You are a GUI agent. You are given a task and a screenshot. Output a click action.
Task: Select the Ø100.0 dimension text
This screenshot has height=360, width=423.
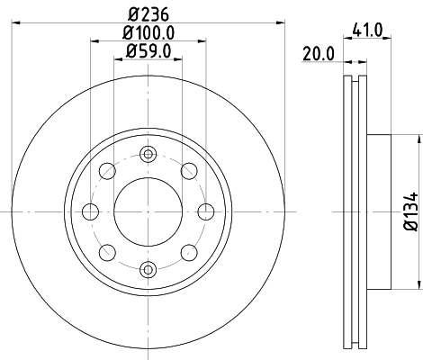pyautogui.click(x=148, y=34)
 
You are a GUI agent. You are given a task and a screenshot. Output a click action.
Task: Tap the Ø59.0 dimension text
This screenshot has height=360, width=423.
pyautogui.click(x=148, y=52)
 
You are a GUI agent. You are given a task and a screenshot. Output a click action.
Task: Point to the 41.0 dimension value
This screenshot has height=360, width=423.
pyautogui.click(x=373, y=30)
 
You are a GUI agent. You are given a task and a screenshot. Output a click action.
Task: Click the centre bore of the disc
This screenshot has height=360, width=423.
pyautogui.click(x=148, y=211)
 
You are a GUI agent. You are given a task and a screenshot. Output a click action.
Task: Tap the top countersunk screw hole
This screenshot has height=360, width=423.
pyautogui.click(x=148, y=155)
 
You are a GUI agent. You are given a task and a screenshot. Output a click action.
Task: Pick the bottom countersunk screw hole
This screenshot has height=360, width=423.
pyautogui.click(x=148, y=268)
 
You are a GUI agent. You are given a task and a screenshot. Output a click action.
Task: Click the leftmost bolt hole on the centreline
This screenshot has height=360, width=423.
pyautogui.click(x=90, y=211)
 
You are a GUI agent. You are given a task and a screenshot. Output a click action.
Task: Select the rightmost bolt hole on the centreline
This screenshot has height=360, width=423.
pyautogui.click(x=205, y=211)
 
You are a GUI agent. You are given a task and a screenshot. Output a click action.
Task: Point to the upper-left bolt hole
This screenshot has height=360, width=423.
pyautogui.click(x=107, y=171)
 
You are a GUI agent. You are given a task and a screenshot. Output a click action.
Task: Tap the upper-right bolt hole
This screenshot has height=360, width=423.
pyautogui.click(x=188, y=171)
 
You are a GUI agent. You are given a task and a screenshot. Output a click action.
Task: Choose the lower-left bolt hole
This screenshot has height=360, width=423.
pyautogui.click(x=107, y=252)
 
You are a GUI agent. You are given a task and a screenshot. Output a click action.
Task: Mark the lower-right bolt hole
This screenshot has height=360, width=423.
pyautogui.click(x=188, y=252)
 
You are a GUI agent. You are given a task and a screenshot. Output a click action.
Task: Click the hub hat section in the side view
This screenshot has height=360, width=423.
pyautogui.click(x=378, y=211)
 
